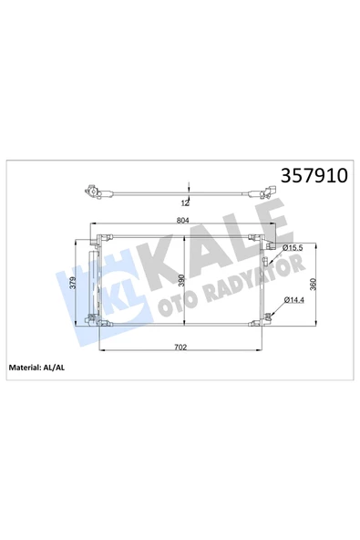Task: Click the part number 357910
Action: (314, 176)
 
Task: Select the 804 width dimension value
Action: (183, 221)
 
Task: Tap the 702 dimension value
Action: (180, 347)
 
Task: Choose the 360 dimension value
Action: (313, 284)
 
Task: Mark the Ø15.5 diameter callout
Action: (293, 248)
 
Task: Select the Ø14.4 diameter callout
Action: (294, 300)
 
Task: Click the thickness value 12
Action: (185, 203)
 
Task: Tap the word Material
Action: (25, 368)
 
